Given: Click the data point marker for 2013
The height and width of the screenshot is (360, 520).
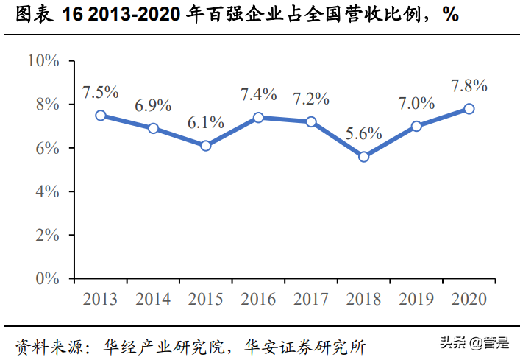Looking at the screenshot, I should [101, 116].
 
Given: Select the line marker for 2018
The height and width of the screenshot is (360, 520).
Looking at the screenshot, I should [363, 157].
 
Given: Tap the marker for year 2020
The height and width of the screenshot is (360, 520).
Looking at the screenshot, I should [469, 109].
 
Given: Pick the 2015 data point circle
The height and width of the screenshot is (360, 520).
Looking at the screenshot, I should [206, 146].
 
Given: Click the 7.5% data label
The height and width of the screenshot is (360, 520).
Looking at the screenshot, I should [101, 93].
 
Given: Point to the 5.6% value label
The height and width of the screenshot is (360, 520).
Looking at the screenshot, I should [363, 133].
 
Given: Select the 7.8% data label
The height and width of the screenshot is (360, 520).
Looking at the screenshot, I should [469, 85].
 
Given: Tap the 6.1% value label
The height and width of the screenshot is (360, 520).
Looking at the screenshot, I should [206, 122].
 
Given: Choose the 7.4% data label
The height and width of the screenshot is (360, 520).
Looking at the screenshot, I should [259, 94].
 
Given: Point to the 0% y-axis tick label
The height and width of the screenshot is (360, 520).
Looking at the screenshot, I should [47, 278].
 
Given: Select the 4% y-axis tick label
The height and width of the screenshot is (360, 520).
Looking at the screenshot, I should [47, 191].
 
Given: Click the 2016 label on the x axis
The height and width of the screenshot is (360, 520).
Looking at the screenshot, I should [259, 299].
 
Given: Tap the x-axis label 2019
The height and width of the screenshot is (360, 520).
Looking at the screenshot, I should [416, 299].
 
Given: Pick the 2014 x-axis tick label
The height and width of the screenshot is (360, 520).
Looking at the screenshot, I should [153, 299].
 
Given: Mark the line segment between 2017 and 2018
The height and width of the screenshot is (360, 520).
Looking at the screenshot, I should [337, 139].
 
